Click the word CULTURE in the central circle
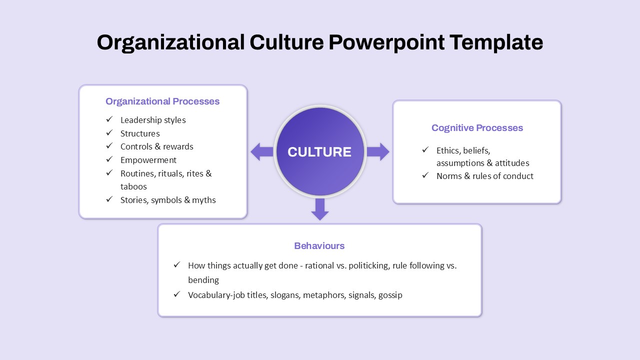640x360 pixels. [319, 152]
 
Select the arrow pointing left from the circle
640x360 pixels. [261, 151]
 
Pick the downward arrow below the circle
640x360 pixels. [320, 209]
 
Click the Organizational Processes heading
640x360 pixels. [162, 101]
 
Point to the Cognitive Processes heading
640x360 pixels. [477, 128]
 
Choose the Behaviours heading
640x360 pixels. [319, 246]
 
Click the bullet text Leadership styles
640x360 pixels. [153, 120]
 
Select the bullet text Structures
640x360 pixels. [140, 133]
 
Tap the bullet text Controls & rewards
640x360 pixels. [157, 146]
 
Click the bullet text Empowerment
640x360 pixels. [148, 160]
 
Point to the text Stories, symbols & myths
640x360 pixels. [168, 200]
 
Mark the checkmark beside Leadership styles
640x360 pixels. [109, 119]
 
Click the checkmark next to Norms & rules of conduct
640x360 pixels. [425, 175]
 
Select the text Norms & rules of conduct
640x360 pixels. [485, 176]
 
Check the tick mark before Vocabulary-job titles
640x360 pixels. [177, 294]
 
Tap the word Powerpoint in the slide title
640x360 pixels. [386, 42]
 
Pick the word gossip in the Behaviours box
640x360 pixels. [390, 295]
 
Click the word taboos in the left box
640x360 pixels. [133, 186]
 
